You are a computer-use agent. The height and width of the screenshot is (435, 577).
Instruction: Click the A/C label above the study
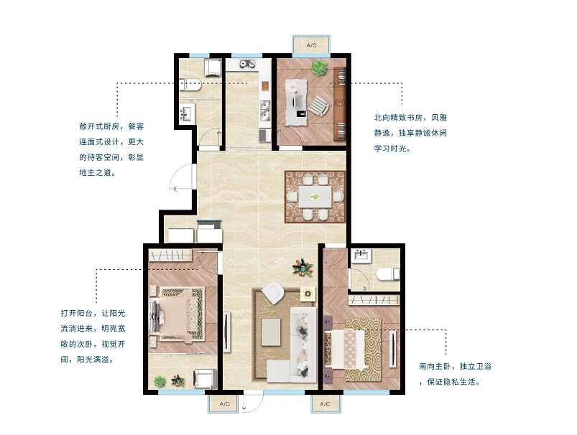coord(311,45)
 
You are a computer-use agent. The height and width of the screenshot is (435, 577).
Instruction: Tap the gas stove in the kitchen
coord(248,65)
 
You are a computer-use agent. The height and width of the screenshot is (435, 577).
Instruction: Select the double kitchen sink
coord(265,111)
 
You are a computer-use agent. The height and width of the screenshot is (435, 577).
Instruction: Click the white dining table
coord(315,197)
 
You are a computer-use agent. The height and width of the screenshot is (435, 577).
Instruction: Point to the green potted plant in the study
coord(319,67)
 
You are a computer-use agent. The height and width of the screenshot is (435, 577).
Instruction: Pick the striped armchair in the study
coord(318,106)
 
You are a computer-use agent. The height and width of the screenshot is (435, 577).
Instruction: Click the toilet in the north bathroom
coord(190,85)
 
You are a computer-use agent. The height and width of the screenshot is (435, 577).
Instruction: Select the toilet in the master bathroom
coord(388,274)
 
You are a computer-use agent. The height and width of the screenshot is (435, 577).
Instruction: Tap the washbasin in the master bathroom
coord(361,256)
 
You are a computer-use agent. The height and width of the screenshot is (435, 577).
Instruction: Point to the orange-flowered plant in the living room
coord(303,267)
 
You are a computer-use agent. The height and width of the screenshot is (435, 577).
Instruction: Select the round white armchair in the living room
coord(272,293)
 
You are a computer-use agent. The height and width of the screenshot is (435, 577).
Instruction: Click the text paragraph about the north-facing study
coord(410,133)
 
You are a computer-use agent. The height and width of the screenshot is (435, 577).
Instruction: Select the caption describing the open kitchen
coord(111,149)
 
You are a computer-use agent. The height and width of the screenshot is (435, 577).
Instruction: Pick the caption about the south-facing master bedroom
coord(455,374)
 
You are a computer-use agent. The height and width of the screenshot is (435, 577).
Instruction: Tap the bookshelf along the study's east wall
coord(340,103)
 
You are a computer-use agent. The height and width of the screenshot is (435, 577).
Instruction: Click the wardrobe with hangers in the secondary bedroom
coord(170,256)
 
